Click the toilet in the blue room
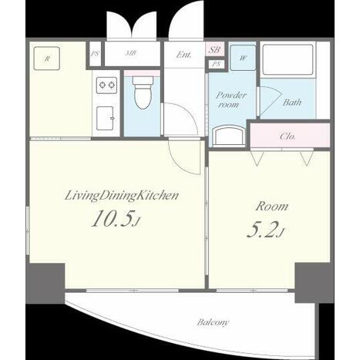tap(142, 92)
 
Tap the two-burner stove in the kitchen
tap(106, 86)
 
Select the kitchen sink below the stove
tap(105, 118)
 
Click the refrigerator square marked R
tap(47, 59)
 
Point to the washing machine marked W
tap(243, 58)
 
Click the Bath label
tap(292, 103)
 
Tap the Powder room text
tap(230, 99)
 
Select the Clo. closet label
tap(288, 136)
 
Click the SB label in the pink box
tap(214, 49)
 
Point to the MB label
tap(131, 53)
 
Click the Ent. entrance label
tap(183, 55)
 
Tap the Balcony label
tap(213, 322)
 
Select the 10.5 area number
tap(115, 219)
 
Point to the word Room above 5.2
tap(271, 207)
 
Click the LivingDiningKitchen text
tap(122, 196)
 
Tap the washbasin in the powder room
tap(229, 135)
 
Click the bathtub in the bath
tap(288, 59)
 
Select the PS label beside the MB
tap(95, 54)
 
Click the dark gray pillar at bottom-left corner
tap(45, 283)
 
